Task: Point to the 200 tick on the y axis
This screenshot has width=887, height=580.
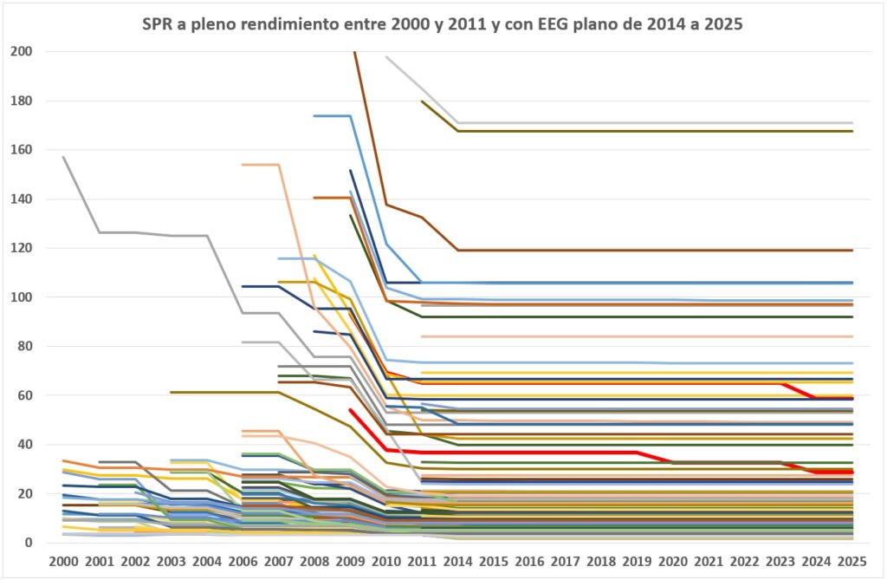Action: tap(22, 51)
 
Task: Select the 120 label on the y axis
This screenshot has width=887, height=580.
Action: tap(22, 248)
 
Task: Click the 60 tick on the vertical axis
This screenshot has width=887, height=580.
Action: tap(25, 395)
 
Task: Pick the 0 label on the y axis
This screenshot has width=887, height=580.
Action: tap(29, 543)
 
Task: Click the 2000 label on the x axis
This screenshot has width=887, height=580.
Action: tap(64, 561)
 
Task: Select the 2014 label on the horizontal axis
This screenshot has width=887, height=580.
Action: tap(458, 561)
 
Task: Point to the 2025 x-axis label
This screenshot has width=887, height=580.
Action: tap(852, 561)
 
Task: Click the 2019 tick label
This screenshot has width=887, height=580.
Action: tap(638, 561)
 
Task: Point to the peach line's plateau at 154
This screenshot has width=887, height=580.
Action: tap(261, 164)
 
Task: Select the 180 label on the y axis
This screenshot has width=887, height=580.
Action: tap(22, 101)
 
